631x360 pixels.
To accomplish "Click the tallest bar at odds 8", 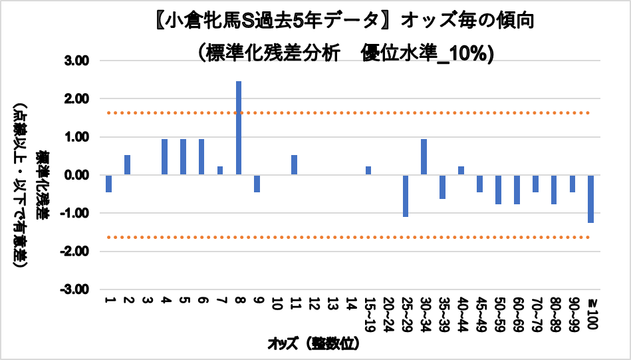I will pyautogui.click(x=239, y=128).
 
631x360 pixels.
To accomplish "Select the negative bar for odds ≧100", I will pyautogui.click(x=590, y=199).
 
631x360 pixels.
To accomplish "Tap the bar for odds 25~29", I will pyautogui.click(x=405, y=196).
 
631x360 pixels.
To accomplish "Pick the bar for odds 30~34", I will pyautogui.click(x=424, y=157).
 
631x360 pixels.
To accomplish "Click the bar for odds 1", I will pyautogui.click(x=108, y=184).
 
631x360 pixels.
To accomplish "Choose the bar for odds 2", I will pyautogui.click(x=127, y=165).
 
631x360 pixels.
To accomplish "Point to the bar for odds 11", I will pyautogui.click(x=294, y=165).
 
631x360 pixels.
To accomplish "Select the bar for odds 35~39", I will pyautogui.click(x=442, y=187).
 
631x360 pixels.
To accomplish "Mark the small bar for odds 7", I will pyautogui.click(x=220, y=171).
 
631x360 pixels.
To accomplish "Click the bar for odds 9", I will pyautogui.click(x=257, y=184).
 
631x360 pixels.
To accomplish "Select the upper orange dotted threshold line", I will pyautogui.click(x=332, y=113).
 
